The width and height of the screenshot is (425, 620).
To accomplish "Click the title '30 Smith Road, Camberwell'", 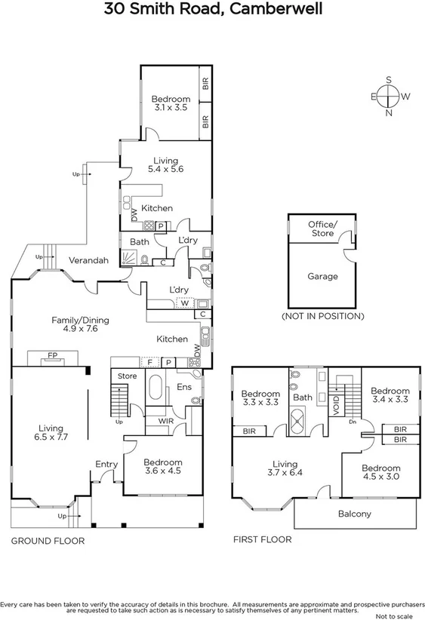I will [212, 10].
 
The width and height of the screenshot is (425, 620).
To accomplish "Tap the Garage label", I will [322, 277].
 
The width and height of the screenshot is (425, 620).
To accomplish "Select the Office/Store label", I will [322, 229].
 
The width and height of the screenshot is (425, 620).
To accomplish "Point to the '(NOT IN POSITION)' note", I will [322, 316].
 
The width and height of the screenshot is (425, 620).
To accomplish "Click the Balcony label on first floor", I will [354, 514].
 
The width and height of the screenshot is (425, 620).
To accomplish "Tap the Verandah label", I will [89, 260].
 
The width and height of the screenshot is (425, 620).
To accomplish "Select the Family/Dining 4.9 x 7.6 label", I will [79, 325].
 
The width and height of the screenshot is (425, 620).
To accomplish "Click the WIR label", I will [165, 421].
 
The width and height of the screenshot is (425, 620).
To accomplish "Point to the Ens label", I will [183, 387].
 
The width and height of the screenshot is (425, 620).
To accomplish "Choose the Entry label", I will [106, 464].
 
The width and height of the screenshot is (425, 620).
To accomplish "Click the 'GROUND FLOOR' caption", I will [48, 542].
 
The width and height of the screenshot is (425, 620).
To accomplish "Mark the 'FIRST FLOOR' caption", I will [261, 540].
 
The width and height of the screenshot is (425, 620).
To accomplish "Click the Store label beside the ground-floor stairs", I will [127, 376].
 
